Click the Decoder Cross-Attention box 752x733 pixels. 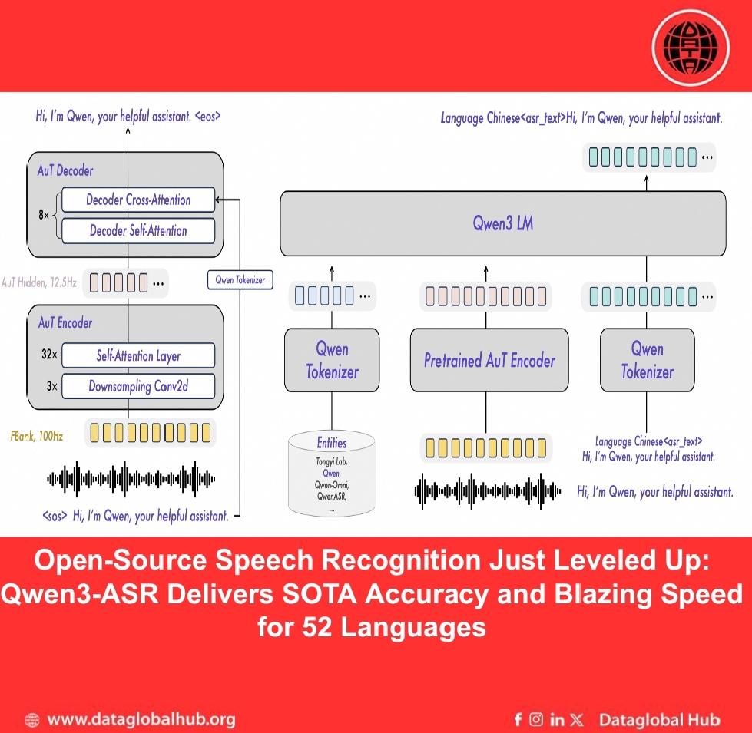138,200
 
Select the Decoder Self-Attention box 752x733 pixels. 138,230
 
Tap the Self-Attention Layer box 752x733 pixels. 138,356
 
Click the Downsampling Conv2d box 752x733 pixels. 138,386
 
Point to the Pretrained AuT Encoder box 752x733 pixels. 489,360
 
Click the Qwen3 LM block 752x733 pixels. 502,224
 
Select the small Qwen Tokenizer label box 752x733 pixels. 240,280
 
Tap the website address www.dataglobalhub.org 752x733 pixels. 141,720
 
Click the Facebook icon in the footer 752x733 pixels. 518,720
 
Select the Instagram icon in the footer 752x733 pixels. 537,720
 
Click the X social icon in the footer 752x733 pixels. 578,720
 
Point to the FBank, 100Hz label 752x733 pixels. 37,436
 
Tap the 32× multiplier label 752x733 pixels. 49,356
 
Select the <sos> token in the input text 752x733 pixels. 55,517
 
